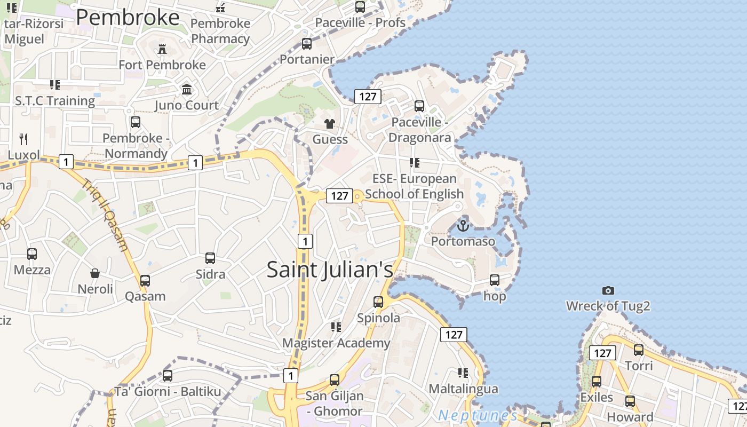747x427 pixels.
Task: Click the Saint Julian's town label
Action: pyautogui.click(x=330, y=270)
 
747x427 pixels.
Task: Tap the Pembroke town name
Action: pyautogui.click(x=128, y=18)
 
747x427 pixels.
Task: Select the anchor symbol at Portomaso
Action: pyautogui.click(x=463, y=225)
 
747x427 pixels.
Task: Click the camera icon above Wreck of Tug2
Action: pyautogui.click(x=608, y=290)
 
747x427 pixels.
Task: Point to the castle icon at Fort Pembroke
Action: pyautogui.click(x=162, y=49)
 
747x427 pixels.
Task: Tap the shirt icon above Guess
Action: pyautogui.click(x=330, y=124)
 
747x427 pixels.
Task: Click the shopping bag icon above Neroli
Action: pyautogui.click(x=95, y=273)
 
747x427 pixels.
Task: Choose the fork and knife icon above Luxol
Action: pyautogui.click(x=23, y=139)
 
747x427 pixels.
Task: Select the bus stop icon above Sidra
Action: pyautogui.click(x=210, y=258)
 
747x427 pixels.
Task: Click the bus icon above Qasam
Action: pyautogui.click(x=145, y=281)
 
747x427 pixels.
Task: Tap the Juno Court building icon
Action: pyautogui.click(x=187, y=89)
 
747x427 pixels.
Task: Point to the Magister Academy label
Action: pyautogui.click(x=336, y=343)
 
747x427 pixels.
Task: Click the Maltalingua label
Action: pyautogui.click(x=463, y=389)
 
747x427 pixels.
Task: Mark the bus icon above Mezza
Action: pyautogui.click(x=32, y=254)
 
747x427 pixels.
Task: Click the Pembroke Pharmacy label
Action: pyautogui.click(x=220, y=31)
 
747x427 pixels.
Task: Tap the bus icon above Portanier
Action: pyautogui.click(x=307, y=44)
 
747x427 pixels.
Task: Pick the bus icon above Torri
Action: pyautogui.click(x=638, y=350)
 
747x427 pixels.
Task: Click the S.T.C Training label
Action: pyautogui.click(x=54, y=100)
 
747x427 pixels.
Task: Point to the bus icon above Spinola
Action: pyautogui.click(x=378, y=302)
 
